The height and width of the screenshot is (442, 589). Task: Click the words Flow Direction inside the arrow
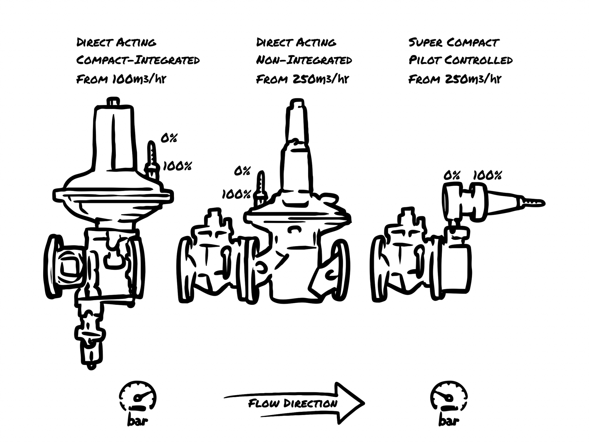coord(292,403)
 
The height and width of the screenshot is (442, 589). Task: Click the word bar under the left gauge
coord(137,421)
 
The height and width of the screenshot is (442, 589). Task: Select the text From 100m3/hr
coord(121,79)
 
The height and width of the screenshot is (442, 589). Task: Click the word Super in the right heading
coord(425,43)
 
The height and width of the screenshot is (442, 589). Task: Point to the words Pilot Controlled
coord(460,60)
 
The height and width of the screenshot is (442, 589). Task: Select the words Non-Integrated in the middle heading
coord(304,60)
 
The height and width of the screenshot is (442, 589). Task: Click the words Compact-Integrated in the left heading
coord(138,60)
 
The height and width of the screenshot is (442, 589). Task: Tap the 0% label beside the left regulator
coord(169,138)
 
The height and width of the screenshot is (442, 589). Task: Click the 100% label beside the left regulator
coord(177,166)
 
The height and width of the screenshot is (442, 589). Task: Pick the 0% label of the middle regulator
coord(242,172)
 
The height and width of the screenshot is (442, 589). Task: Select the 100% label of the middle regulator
coord(236,195)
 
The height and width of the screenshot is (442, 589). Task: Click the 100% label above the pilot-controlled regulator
coord(487,176)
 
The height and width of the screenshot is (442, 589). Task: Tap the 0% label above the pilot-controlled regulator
coord(452,176)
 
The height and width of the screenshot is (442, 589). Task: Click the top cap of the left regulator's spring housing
coord(113,102)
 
